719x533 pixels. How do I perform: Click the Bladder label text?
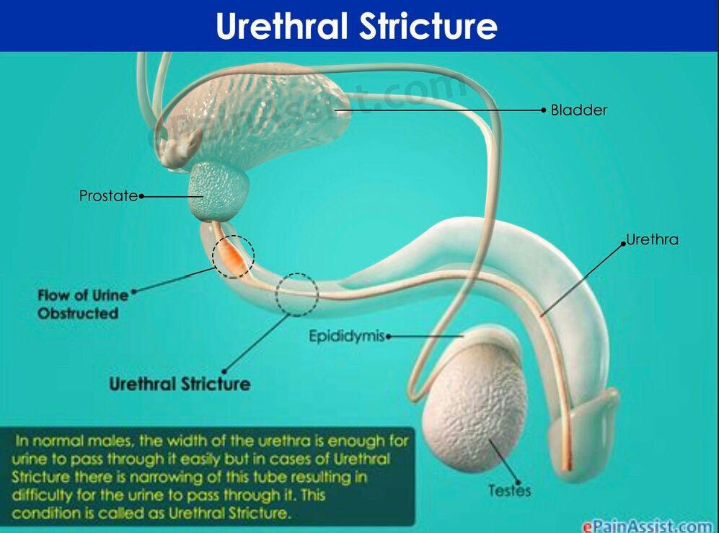pos(578,110)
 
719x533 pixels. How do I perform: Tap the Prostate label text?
pos(108,196)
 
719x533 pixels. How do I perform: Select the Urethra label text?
pos(652,239)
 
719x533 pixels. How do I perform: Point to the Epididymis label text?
pos(347,336)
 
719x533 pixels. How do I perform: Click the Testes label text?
pos(509,490)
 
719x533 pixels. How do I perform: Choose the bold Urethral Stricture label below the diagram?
pos(180,384)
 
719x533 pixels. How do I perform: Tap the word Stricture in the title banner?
pos(428,26)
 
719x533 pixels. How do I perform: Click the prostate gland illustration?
pos(219,192)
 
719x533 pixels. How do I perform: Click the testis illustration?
pos(475,406)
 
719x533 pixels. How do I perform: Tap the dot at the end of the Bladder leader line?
pos(544,110)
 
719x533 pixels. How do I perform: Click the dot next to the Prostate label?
pos(141,196)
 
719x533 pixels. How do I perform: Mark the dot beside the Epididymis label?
pos(389,336)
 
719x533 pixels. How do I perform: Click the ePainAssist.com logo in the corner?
pos(648,526)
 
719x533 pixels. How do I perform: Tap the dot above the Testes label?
pos(519,482)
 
